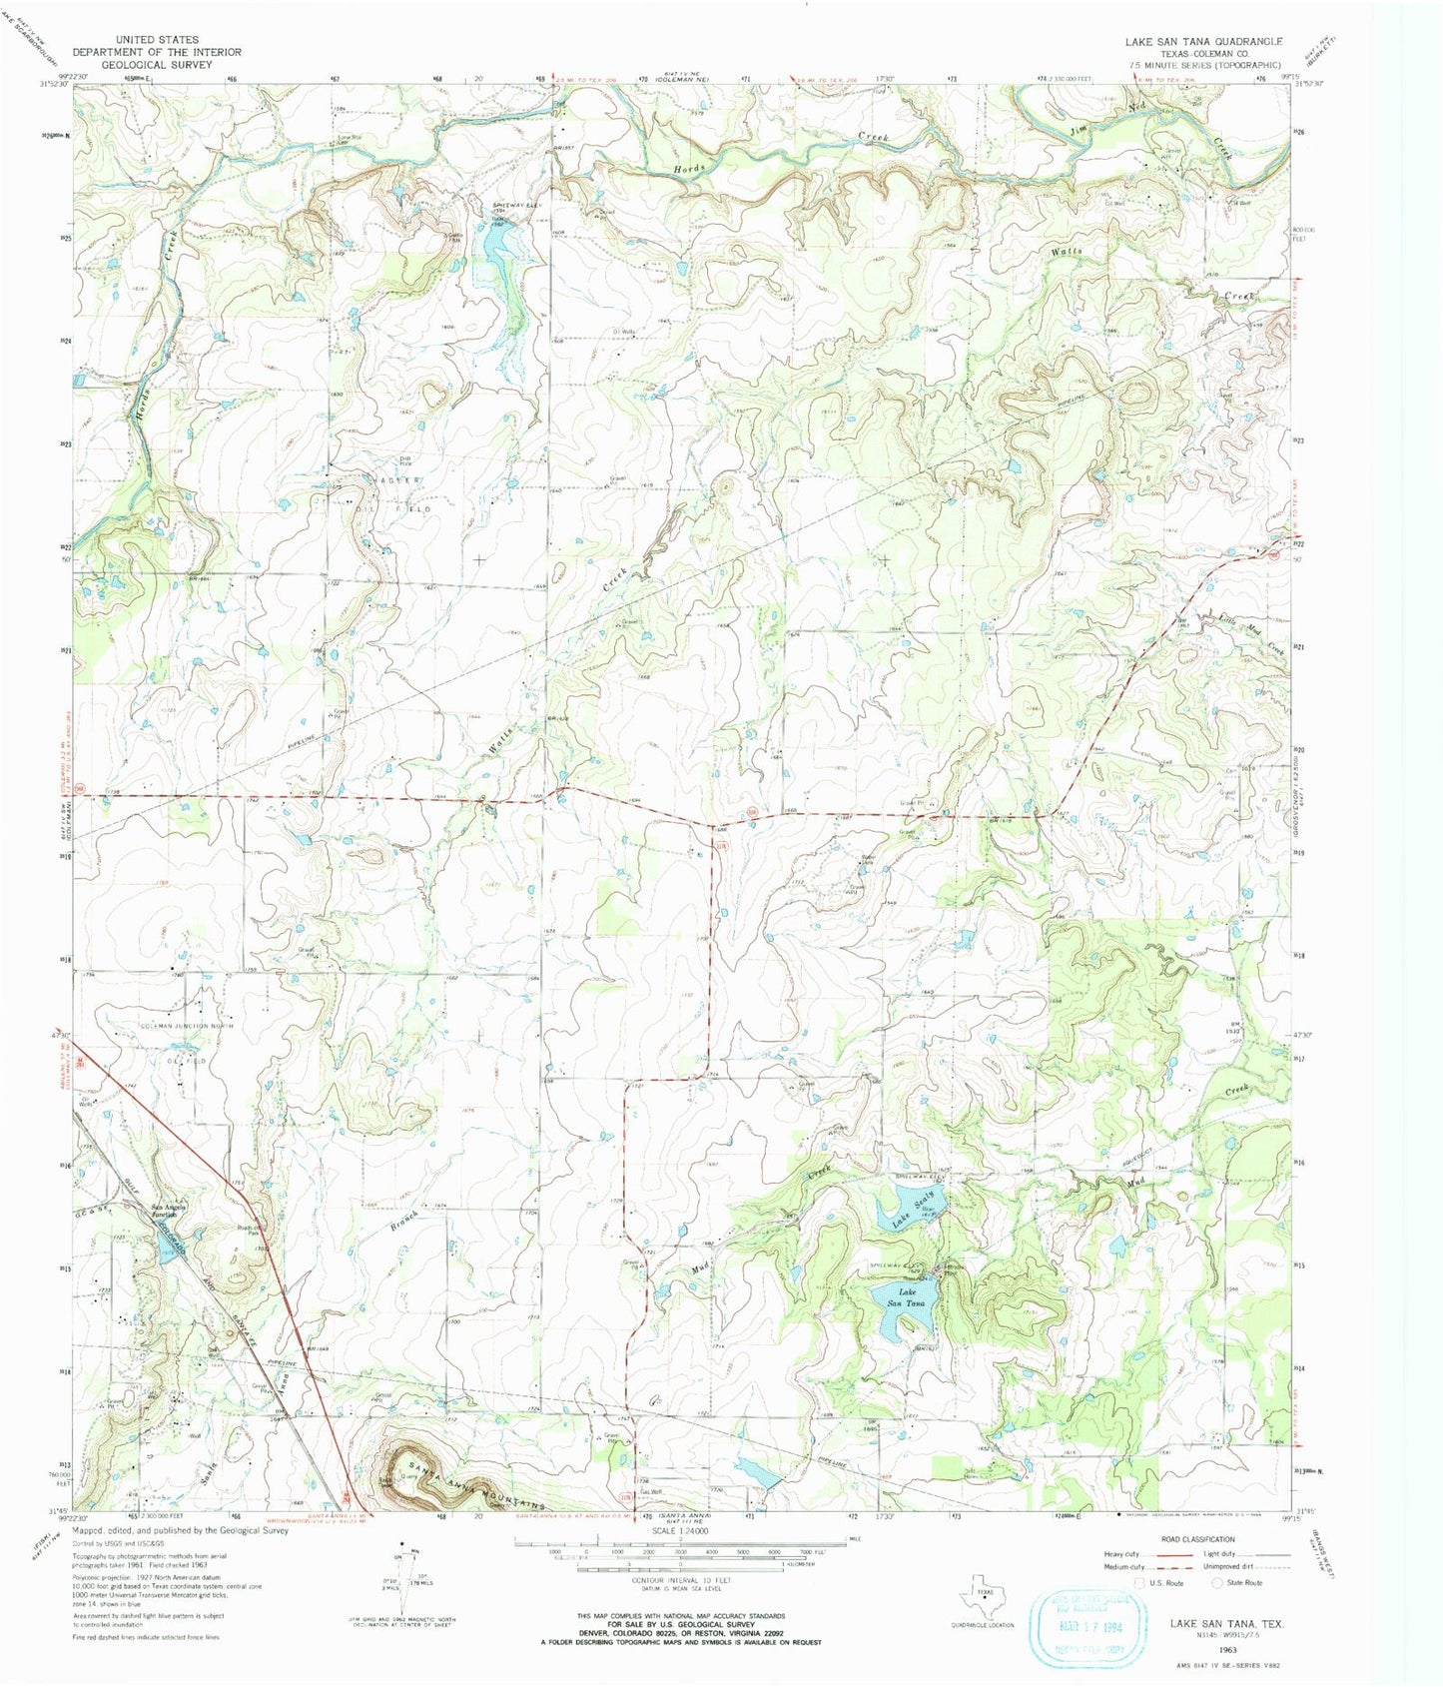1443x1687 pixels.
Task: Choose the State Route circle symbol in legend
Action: click(x=1216, y=1582)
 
